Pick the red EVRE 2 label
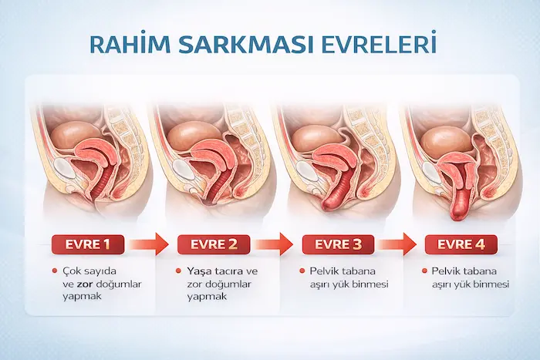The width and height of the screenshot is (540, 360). pyautogui.click(x=213, y=245)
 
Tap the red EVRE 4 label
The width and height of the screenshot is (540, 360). pyautogui.click(x=461, y=245)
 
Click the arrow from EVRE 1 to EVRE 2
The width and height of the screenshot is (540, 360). pyautogui.click(x=149, y=245)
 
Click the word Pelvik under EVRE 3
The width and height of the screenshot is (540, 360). pyautogui.click(x=325, y=272)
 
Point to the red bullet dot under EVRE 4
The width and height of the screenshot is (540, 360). pyautogui.click(x=426, y=272)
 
